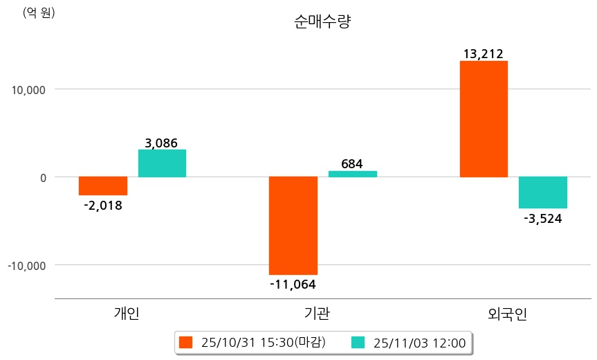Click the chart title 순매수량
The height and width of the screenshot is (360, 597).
pyautogui.click(x=323, y=21)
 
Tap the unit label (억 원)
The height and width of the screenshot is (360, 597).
pyautogui.click(x=39, y=12)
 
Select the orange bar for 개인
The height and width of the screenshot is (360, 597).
pyautogui.click(x=103, y=186)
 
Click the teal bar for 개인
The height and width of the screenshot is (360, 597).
pyautogui.click(x=162, y=163)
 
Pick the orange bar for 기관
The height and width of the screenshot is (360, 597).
pyautogui.click(x=293, y=226)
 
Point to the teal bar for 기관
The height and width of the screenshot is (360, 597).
pyautogui.click(x=353, y=174)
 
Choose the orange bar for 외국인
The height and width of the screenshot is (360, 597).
pyautogui.click(x=484, y=119)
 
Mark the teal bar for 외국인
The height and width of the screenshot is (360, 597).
pyautogui.click(x=543, y=192)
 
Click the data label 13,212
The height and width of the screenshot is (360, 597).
pyautogui.click(x=484, y=53)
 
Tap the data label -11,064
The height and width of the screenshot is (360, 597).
pyautogui.click(x=293, y=283)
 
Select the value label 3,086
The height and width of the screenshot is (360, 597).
pyautogui.click(x=161, y=143)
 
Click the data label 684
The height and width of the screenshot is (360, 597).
pyautogui.click(x=352, y=164)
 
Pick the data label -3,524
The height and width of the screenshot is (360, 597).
pyautogui.click(x=542, y=219)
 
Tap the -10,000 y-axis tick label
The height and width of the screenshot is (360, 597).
pyautogui.click(x=26, y=265)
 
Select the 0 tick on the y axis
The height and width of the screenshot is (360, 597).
pyautogui.click(x=42, y=177)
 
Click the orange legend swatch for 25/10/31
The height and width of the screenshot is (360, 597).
pyautogui.click(x=185, y=342)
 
